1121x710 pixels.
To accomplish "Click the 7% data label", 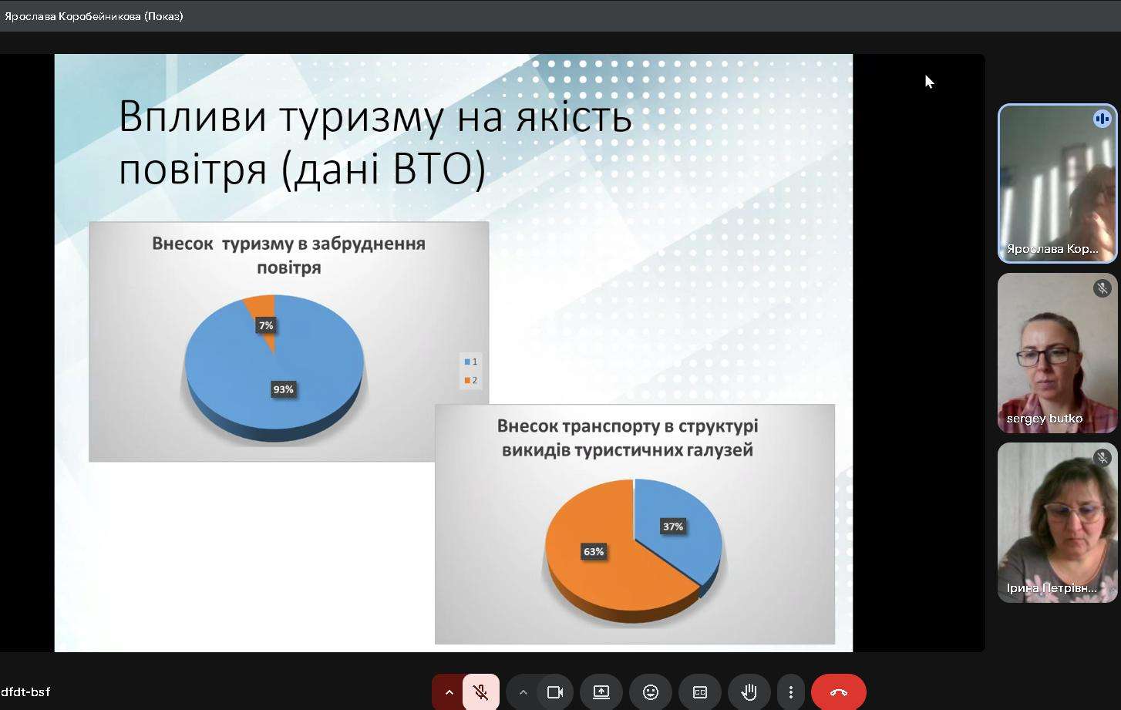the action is [x=266, y=325].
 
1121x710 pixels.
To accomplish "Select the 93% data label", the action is [x=283, y=389].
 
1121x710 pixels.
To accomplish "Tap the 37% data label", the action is [x=672, y=527].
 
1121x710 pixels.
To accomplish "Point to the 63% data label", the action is [x=594, y=551].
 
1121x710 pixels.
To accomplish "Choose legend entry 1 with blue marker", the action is [x=471, y=362].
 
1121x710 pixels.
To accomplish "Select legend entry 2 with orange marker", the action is [x=471, y=380].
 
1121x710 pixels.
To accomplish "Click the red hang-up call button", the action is [x=838, y=692].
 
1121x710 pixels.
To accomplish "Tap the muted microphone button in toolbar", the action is [x=481, y=692].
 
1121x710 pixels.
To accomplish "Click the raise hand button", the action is [x=749, y=692].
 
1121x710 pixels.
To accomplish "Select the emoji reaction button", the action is [x=650, y=692].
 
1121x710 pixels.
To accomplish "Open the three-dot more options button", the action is [x=791, y=692].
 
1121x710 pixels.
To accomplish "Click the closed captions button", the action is [x=699, y=692].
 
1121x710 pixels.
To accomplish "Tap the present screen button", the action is [x=601, y=692].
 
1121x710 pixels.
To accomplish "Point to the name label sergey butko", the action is [x=1045, y=419].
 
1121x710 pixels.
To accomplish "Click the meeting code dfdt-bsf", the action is [x=25, y=692].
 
